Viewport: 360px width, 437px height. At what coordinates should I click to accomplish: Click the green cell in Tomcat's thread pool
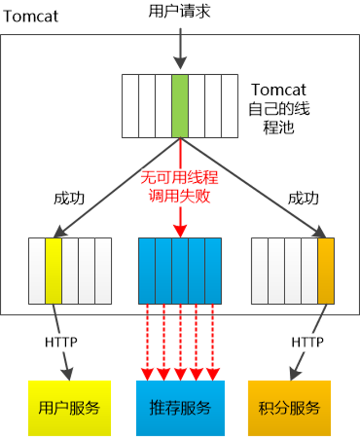tap(180, 106)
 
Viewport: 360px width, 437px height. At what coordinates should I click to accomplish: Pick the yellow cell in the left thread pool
tap(53, 270)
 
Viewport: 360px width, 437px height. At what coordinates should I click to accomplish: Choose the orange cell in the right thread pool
tap(326, 270)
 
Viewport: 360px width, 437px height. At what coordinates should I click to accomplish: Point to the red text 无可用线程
tap(180, 177)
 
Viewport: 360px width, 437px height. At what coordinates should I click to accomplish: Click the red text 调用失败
tap(180, 197)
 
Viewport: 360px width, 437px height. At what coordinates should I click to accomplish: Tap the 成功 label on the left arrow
tap(69, 198)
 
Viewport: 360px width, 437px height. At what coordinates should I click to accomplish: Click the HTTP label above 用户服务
tap(61, 342)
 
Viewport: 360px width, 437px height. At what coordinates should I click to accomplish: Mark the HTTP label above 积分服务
tap(307, 342)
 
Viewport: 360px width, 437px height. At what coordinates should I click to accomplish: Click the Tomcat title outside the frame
tap(31, 16)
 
